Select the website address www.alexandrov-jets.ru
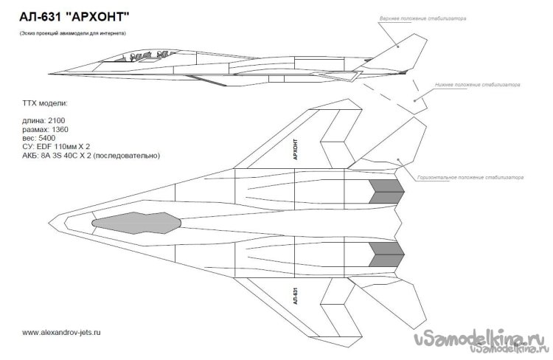pos(62,333)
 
